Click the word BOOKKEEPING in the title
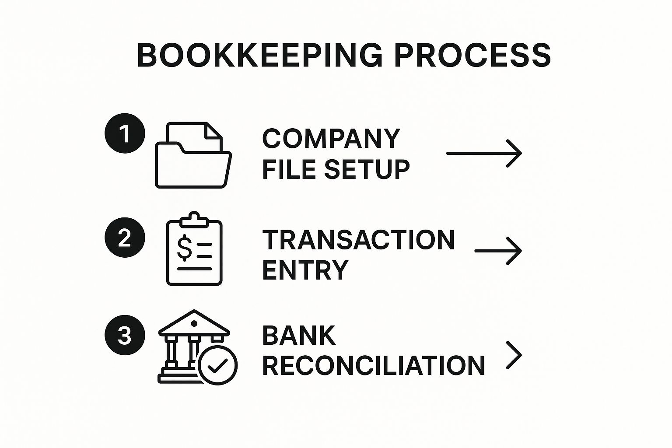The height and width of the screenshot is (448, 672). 260,55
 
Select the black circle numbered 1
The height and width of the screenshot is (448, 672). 125,133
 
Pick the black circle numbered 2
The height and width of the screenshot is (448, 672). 125,238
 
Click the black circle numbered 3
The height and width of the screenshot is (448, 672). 125,335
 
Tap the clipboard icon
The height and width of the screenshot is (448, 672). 194,249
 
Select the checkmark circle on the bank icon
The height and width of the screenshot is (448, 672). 217,365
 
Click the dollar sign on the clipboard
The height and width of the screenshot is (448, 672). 184,247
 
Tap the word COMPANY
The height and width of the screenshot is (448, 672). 331,138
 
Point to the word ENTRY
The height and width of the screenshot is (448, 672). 305,270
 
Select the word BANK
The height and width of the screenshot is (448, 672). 299,336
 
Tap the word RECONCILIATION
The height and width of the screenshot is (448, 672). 374,365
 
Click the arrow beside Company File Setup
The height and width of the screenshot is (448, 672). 484,153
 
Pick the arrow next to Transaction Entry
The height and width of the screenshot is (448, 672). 498,251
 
